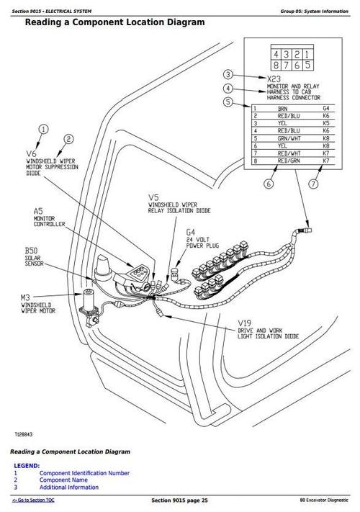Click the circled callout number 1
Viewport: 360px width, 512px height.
43,130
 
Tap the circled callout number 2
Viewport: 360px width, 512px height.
68,140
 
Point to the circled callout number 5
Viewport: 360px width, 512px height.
228,102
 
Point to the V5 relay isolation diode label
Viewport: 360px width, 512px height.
154,196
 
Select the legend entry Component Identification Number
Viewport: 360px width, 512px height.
84,473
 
